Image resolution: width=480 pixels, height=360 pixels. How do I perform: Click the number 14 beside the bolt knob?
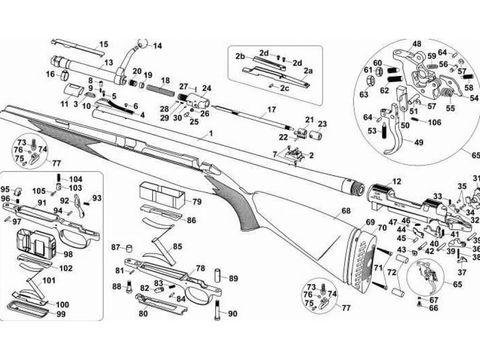(x=157, y=46)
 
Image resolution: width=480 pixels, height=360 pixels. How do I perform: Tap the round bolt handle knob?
(x=142, y=44)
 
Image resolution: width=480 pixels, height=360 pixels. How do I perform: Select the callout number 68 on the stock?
(x=346, y=211)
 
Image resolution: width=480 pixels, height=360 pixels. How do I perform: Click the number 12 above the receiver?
(x=397, y=181)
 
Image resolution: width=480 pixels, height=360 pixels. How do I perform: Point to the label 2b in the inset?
(x=240, y=56)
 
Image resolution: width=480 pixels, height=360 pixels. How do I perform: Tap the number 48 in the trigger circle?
(x=417, y=45)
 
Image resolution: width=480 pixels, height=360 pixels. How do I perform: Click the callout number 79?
(x=196, y=202)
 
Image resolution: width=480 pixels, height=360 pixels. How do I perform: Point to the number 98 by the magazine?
(x=68, y=254)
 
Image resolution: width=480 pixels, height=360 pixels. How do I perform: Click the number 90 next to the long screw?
(x=232, y=314)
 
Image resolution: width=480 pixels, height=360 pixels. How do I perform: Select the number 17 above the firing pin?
(x=272, y=110)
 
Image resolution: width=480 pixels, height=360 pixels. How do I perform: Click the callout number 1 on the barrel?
(x=211, y=134)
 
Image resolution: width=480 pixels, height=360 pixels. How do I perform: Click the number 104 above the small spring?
(x=75, y=179)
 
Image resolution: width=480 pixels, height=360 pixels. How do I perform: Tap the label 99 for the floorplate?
(x=61, y=314)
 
